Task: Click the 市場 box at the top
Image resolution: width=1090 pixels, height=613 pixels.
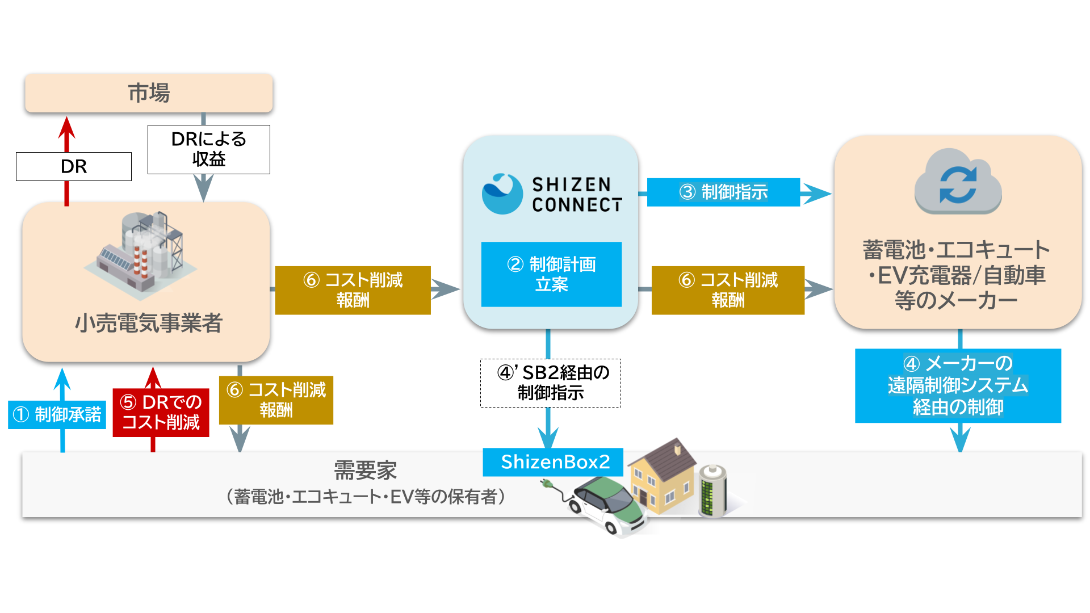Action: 149,93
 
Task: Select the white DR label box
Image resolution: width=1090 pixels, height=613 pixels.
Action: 74,166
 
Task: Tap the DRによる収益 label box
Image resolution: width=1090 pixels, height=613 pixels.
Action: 209,149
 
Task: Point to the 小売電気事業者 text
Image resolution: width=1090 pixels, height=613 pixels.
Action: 149,323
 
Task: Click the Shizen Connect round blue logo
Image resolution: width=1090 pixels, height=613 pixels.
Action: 502,194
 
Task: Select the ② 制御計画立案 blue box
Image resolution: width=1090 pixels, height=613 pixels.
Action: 551,275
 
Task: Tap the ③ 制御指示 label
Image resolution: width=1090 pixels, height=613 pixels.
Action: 723,192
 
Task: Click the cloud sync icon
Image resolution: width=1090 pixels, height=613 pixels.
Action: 958,182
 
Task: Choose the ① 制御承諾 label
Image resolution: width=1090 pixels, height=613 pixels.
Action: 57,414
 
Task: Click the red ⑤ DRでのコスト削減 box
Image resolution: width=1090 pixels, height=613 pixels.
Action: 161,413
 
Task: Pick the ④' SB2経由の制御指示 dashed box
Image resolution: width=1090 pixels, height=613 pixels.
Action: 551,383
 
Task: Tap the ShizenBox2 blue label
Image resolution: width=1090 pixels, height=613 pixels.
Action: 554,462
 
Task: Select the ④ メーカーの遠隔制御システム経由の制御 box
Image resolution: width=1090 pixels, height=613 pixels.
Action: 958,385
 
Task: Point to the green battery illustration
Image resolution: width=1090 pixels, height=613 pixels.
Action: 712,491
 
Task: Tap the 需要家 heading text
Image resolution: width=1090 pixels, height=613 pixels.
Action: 365,471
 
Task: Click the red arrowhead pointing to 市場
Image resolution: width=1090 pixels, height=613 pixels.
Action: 67,128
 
